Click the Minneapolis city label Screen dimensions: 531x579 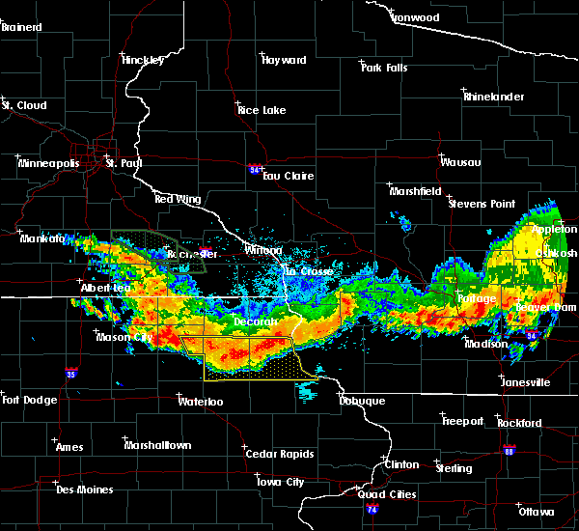coord(49,164)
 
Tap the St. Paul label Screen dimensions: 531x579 coord(124,164)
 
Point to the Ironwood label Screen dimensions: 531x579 coord(415,17)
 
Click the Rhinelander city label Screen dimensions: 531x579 coord(495,97)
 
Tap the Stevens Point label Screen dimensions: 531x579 coord(484,204)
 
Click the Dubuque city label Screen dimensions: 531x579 coord(361,401)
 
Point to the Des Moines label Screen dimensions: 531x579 coord(84,489)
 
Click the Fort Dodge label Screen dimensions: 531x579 coord(30,400)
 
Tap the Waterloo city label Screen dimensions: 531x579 coord(201,401)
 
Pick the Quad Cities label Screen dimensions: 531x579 coord(387,494)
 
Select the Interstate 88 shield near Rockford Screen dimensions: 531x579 coord(510,450)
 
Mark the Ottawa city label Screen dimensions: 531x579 coord(535,512)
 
